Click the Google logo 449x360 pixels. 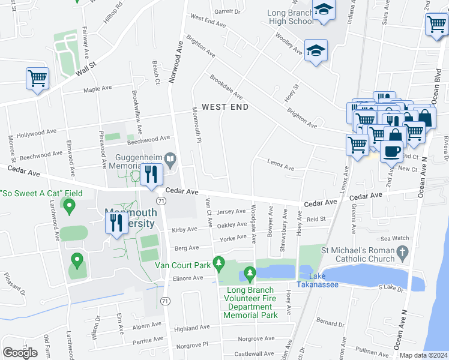tap(20, 353)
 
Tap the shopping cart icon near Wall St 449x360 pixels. tap(37, 79)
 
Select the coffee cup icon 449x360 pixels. tap(392, 151)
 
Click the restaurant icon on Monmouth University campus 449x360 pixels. tap(116, 224)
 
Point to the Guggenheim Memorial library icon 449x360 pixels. tap(171, 160)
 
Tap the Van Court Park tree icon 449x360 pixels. tap(219, 263)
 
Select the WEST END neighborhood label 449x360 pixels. tap(224, 107)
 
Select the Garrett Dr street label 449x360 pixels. tap(227, 11)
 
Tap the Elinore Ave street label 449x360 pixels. tap(188, 278)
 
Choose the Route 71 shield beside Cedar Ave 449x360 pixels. tap(161, 200)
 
